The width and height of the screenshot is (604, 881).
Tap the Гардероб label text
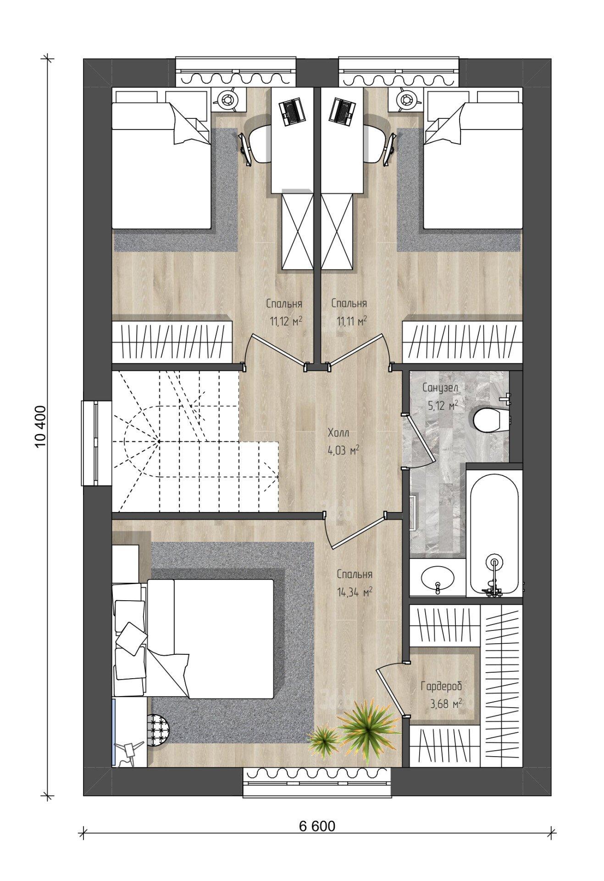(x=441, y=686)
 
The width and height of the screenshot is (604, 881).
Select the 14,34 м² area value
(x=354, y=592)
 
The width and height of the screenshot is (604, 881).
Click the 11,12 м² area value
(x=286, y=321)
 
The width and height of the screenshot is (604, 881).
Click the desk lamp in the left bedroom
(x=226, y=98)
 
